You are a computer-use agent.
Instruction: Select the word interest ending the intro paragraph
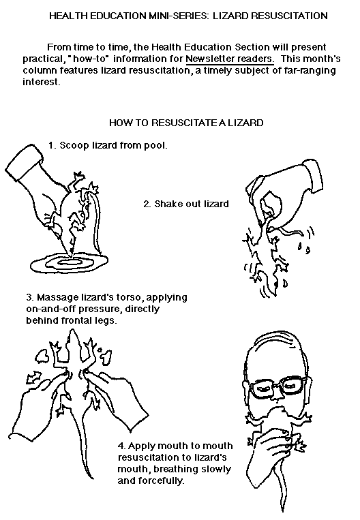[x=41, y=82]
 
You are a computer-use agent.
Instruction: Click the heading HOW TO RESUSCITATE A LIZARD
[x=186, y=123]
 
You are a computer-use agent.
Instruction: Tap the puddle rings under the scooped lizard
[x=69, y=262]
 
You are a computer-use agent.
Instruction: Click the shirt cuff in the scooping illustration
[x=23, y=162]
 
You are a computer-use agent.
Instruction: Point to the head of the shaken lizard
[x=271, y=284]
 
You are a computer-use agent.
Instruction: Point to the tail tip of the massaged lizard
[x=92, y=478]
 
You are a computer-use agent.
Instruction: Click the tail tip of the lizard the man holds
[x=283, y=510]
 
